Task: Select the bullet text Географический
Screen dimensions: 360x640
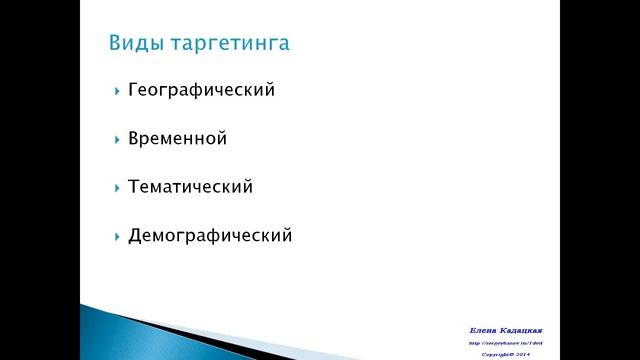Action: pos(201,90)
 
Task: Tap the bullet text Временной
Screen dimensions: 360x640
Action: pos(177,139)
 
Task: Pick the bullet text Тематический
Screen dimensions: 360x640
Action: pos(190,187)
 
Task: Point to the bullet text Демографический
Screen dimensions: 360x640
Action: pos(210,236)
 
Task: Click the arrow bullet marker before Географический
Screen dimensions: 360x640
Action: pos(116,91)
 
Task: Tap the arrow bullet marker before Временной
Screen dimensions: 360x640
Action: pos(116,139)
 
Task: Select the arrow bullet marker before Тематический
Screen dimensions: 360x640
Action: pos(116,188)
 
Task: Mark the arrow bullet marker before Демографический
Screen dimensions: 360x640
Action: pos(116,237)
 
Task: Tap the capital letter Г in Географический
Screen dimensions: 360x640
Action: pos(133,90)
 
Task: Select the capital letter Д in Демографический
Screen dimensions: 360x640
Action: pos(135,236)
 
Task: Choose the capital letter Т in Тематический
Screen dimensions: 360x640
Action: pos(134,187)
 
